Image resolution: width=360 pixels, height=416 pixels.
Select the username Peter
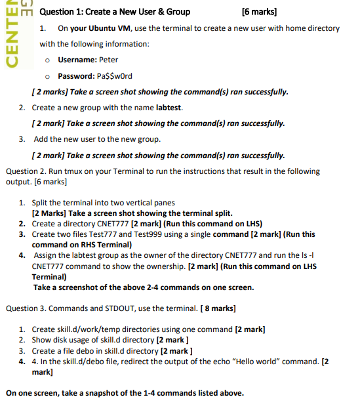pos(108,60)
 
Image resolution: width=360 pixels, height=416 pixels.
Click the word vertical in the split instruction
pos(144,203)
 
